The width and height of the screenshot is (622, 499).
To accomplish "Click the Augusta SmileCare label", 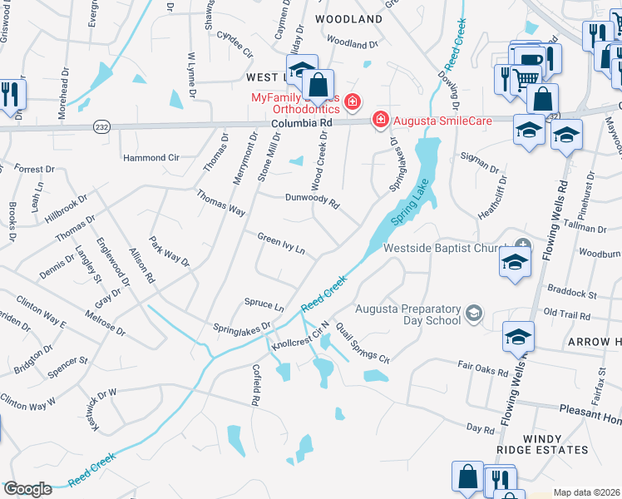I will coord(442,121).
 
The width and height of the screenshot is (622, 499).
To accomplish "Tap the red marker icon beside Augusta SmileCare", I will coord(381,120).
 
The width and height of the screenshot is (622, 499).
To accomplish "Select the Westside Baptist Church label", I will coord(446,248).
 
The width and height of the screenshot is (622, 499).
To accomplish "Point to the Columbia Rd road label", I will coord(302,122).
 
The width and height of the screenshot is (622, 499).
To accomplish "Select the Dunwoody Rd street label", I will coord(313,200).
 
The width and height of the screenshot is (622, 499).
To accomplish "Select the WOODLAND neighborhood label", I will coord(349,18).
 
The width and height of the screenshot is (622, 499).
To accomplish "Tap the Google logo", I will coord(27,489).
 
